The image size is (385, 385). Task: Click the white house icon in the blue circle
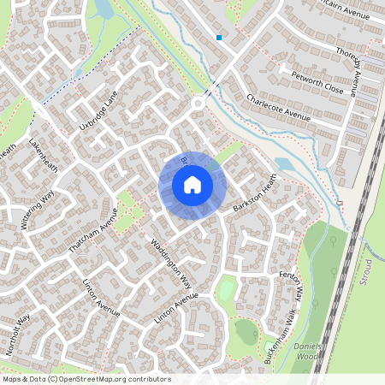click(x=192, y=184)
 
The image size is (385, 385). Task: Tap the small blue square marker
click(x=220, y=38)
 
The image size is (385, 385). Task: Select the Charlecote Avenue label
click(x=277, y=109)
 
